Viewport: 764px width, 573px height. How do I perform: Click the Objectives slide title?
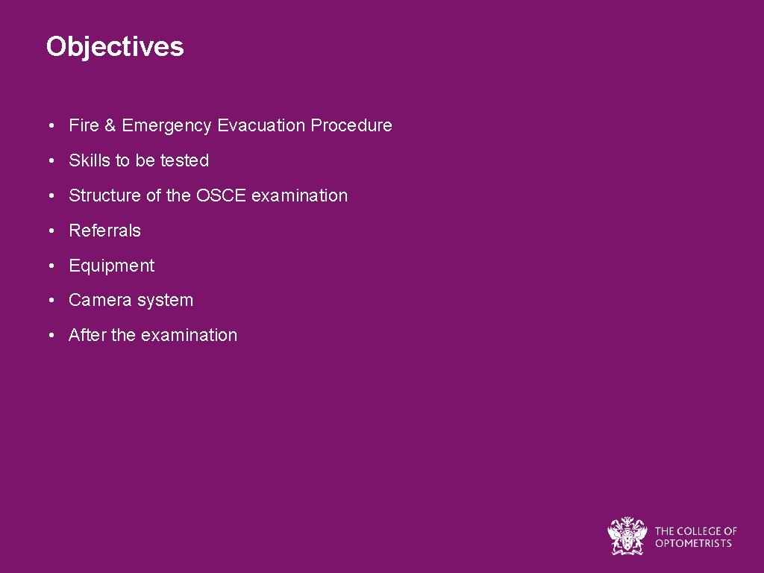click(114, 46)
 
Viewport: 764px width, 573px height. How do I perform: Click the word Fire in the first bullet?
click(84, 125)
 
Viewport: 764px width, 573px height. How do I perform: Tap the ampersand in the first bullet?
click(110, 125)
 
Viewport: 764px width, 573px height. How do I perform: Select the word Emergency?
click(167, 126)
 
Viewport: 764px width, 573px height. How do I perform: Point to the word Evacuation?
click(261, 125)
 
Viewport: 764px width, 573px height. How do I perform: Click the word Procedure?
click(351, 125)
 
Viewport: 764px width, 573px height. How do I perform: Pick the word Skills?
click(89, 160)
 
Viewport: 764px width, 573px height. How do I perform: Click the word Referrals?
click(104, 231)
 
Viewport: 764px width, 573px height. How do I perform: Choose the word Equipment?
click(111, 266)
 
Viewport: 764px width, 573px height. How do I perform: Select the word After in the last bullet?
click(87, 335)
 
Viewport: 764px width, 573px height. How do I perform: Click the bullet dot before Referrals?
click(50, 231)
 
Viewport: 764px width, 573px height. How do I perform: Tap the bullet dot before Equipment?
click(50, 266)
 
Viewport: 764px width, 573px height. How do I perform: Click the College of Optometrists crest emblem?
click(627, 536)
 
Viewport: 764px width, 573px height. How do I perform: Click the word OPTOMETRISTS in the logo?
click(693, 543)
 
